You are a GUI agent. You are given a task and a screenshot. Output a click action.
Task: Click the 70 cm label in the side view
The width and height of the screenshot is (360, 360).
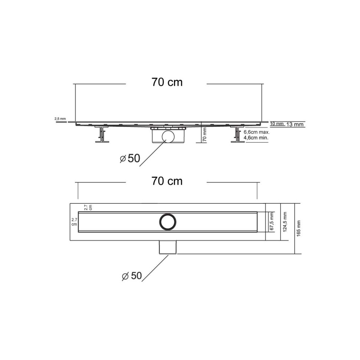(x=167, y=82)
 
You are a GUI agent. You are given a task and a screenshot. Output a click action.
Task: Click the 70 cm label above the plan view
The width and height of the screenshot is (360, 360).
(x=167, y=181)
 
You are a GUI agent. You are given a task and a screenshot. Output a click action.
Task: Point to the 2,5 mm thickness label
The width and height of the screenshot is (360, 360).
(x=60, y=119)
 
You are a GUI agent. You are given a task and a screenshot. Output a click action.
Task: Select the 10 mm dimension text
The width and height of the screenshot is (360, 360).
(x=277, y=124)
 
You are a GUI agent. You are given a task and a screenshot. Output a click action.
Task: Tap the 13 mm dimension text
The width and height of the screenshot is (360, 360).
(x=295, y=124)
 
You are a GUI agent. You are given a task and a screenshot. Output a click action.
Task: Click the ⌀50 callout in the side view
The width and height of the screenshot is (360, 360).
(x=130, y=158)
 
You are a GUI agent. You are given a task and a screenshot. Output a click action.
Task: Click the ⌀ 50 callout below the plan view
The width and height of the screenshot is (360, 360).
(x=132, y=276)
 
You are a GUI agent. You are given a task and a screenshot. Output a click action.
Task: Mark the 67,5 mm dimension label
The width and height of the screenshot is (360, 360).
(x=272, y=222)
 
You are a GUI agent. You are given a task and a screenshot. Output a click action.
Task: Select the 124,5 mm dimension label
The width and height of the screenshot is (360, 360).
(x=285, y=222)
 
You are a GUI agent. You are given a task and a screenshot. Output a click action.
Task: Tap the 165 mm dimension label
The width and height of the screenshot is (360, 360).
(x=299, y=228)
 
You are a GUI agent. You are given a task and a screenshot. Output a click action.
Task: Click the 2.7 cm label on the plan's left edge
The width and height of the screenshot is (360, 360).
(x=74, y=222)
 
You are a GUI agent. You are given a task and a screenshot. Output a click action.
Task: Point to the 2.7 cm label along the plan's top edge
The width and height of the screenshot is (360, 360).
(x=88, y=207)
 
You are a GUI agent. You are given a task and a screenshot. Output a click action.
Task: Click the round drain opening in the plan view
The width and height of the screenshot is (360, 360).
(x=168, y=222)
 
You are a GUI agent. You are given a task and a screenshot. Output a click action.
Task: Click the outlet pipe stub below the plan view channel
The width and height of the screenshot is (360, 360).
(x=168, y=248)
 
